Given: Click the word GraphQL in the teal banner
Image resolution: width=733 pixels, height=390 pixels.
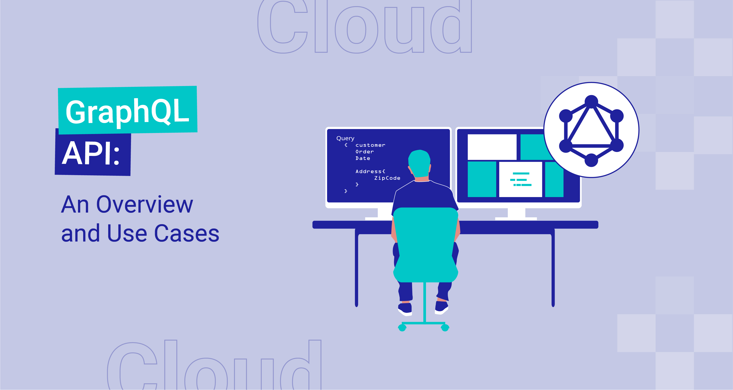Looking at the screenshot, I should pos(127,111).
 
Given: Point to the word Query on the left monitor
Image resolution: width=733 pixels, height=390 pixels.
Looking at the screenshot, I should pos(345,139).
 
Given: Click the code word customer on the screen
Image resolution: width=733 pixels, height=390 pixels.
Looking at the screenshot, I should pos(370,145).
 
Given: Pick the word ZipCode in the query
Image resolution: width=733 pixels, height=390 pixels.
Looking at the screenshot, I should pos(387,178).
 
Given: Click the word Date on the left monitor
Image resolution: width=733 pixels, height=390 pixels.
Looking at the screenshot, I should pos(363,158).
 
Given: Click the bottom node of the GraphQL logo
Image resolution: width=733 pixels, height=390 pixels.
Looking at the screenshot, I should pos(591,160).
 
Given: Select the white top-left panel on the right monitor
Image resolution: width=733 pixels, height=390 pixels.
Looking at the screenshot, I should pos(492,147).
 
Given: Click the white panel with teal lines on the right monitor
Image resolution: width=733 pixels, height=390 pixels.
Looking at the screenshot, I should pos(521,179).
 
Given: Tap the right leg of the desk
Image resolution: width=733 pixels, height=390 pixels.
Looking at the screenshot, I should pos(553,270).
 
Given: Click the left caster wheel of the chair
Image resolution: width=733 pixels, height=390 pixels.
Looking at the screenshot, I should pos(402,328).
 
